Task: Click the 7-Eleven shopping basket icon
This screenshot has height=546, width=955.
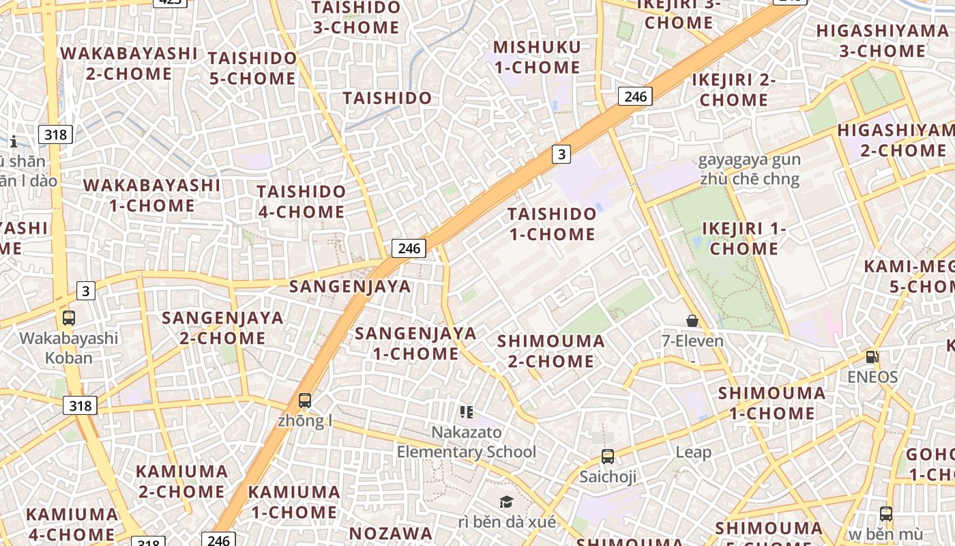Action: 692,321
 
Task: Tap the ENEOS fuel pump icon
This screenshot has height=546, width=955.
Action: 872,356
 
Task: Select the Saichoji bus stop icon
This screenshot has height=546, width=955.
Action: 607,457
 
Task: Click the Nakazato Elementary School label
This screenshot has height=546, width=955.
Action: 467,442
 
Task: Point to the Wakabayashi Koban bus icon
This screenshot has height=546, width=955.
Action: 68,318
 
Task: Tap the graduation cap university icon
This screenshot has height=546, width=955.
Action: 506,502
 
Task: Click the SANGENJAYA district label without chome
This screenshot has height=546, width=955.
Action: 350,287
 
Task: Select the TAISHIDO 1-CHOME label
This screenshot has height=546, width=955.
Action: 552,224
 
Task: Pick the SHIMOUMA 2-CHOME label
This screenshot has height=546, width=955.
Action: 550,351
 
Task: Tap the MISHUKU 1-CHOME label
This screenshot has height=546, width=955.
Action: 537,57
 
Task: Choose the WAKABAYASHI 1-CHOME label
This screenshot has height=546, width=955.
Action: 151,195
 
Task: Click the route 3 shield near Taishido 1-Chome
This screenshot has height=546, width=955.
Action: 561,154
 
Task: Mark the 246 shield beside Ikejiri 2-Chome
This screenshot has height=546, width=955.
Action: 635,96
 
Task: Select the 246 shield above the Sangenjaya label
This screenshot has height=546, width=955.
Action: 409,248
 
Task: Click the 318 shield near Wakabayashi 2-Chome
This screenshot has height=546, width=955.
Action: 55,134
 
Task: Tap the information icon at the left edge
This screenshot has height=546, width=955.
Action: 14,141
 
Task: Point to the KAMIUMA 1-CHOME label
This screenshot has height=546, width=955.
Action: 293,502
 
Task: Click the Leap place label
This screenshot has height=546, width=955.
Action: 693,452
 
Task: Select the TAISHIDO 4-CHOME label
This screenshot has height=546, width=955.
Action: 301,201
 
